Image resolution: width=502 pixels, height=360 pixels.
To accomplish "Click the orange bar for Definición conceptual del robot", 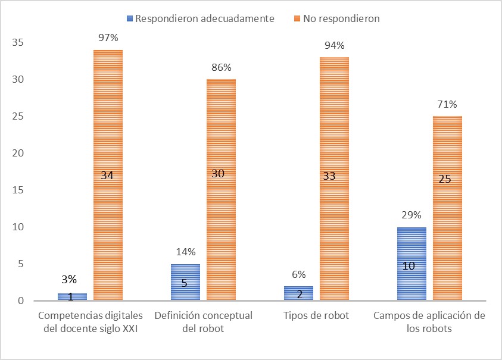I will click(221, 190).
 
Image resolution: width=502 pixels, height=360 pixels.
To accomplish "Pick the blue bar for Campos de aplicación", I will click(411, 264).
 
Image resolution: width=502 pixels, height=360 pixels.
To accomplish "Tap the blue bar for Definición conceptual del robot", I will click(185, 282).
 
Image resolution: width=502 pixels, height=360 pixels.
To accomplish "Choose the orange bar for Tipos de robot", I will click(334, 179).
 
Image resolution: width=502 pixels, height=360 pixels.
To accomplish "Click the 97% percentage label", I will click(108, 38).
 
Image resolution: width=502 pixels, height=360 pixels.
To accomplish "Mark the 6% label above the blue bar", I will click(298, 274).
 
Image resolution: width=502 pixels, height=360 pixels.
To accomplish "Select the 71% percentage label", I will click(447, 105).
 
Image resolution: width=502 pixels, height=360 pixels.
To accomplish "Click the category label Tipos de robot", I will click(316, 315).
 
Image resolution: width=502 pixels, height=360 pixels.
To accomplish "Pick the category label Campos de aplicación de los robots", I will click(429, 321).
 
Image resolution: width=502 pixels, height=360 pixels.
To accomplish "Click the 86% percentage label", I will click(221, 68).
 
